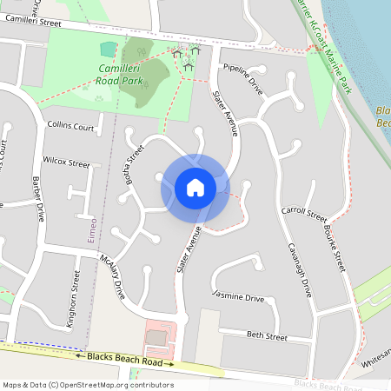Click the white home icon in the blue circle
coord(195,188)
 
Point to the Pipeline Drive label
coord(242,78)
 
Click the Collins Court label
coord(71,126)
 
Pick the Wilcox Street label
coord(66,162)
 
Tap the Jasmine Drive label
coord(238,298)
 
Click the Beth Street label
coord(266,335)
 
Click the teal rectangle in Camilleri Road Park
coord(109,48)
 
